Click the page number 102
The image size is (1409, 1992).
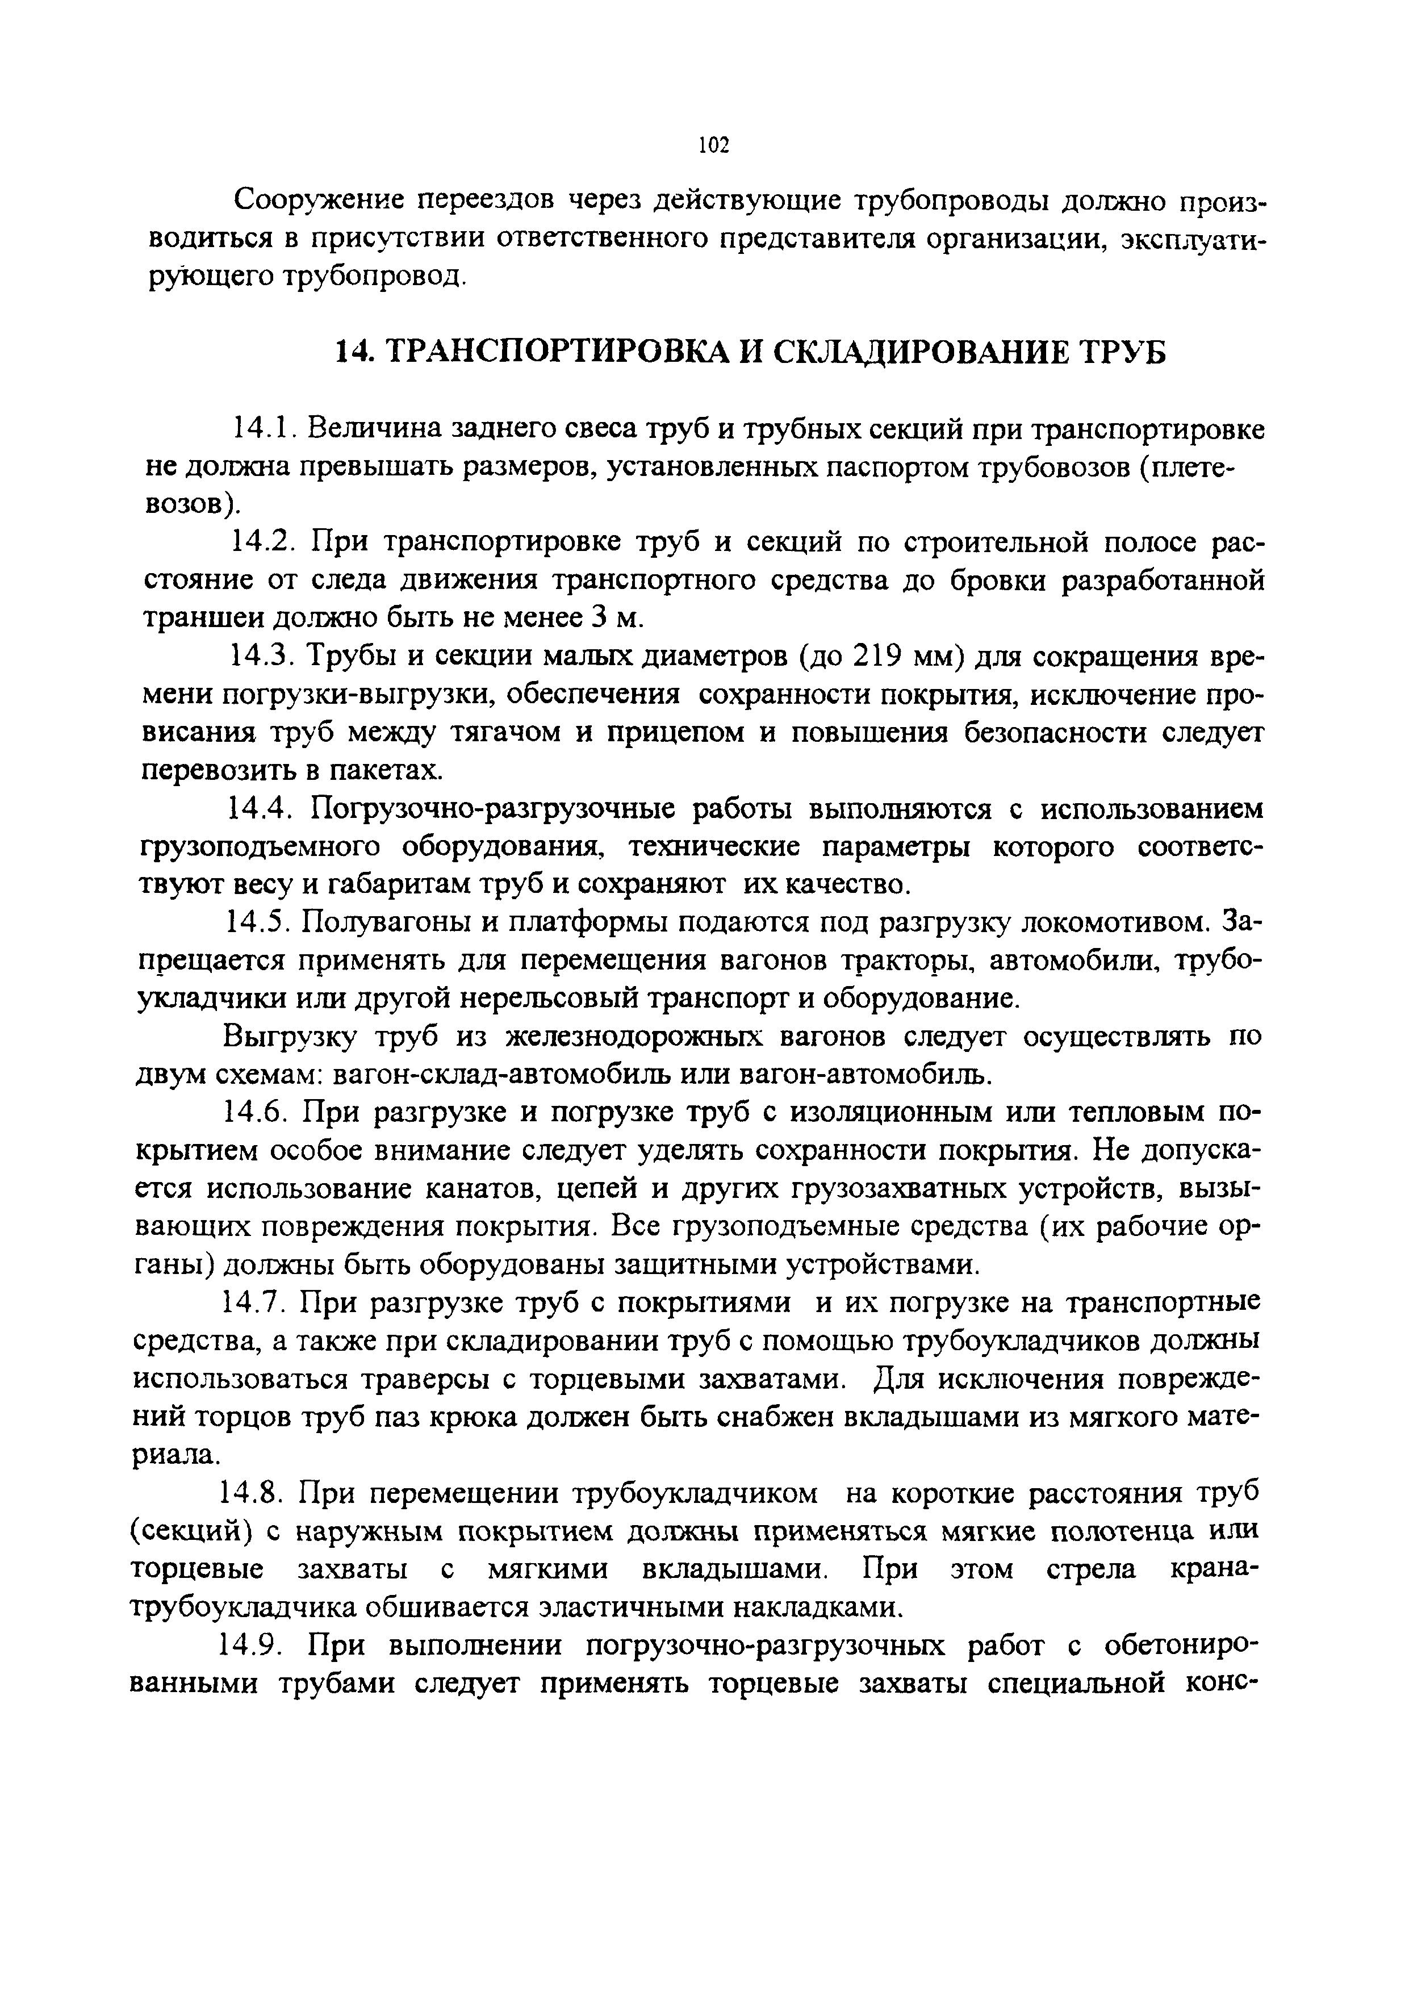click(x=713, y=145)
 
